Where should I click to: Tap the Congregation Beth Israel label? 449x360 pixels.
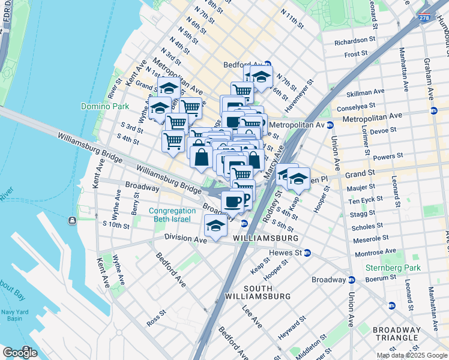click(x=172, y=215)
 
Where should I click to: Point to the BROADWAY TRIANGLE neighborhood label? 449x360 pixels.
click(x=396, y=334)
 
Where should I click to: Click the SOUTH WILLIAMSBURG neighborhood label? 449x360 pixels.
click(x=258, y=292)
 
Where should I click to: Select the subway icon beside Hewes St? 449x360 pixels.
click(x=307, y=253)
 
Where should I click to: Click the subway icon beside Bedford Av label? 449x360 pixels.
click(x=268, y=64)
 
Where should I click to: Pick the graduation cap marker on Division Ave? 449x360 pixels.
click(x=215, y=226)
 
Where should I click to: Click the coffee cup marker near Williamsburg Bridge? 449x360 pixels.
click(x=233, y=201)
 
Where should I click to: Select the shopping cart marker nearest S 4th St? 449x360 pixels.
click(x=173, y=141)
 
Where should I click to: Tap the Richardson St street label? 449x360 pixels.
click(x=355, y=41)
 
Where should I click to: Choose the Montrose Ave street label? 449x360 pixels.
click(x=376, y=251)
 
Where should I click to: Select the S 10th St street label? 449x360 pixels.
click(x=116, y=225)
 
